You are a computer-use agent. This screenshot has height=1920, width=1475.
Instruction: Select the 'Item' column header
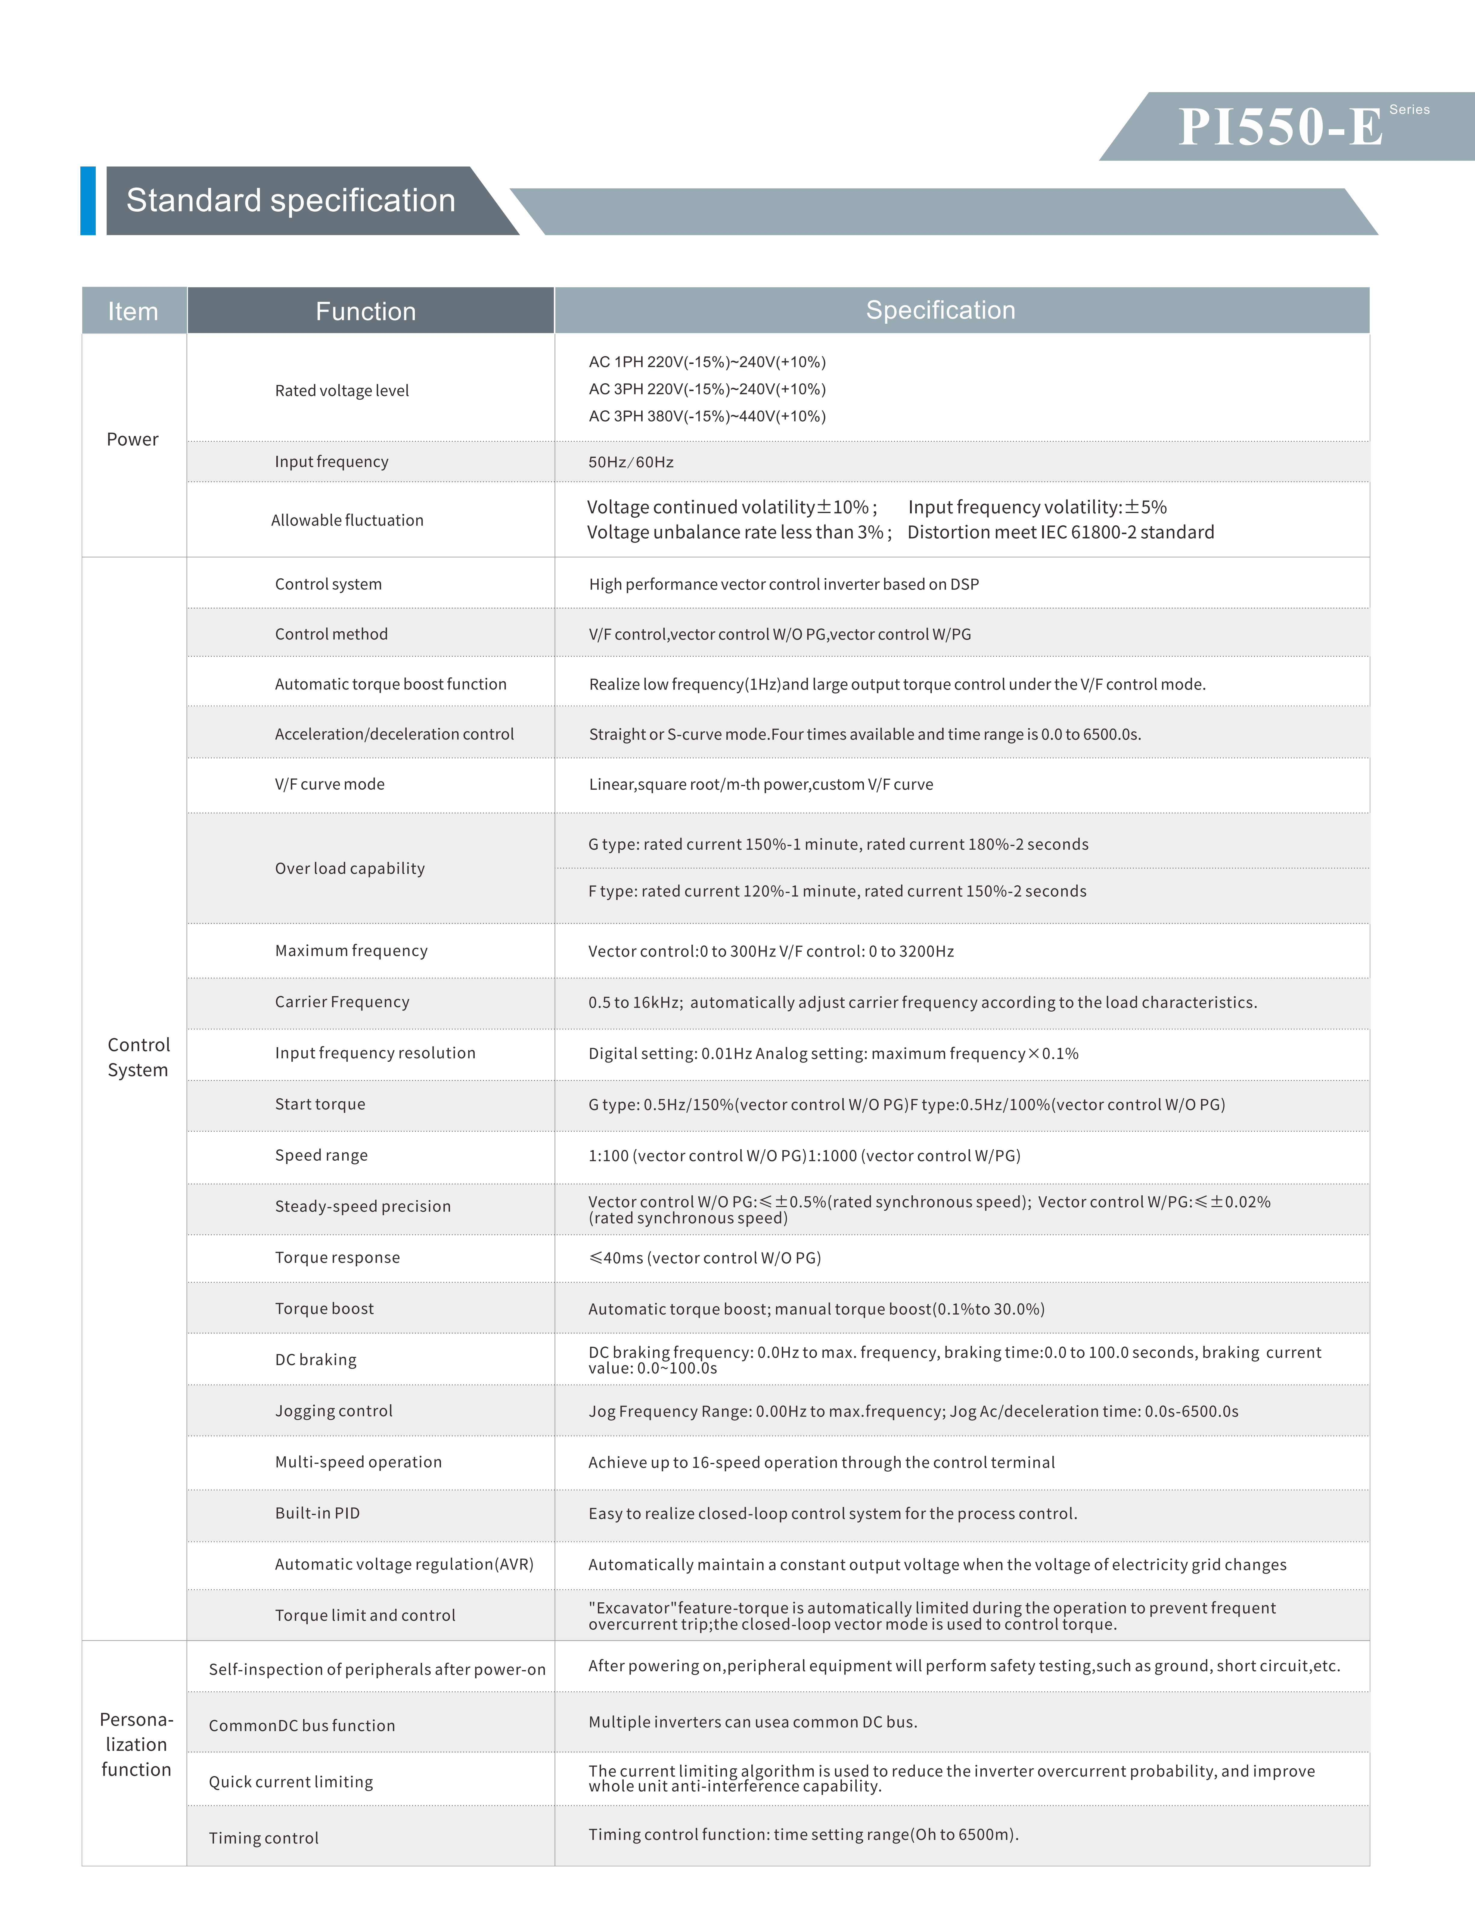pos(133,311)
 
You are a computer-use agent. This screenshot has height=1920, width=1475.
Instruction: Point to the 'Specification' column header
pos(940,310)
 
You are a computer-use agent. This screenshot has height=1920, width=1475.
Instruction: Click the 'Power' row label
pos(132,439)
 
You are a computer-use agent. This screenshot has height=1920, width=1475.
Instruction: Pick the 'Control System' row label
pos(138,1057)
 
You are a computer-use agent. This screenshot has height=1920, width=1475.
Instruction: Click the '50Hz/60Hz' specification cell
pos(630,462)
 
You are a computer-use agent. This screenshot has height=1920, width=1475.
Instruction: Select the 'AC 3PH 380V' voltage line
pos(707,416)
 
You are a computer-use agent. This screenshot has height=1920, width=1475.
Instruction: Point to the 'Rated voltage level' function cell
pos(342,391)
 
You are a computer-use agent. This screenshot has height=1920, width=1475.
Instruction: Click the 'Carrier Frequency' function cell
pos(342,1002)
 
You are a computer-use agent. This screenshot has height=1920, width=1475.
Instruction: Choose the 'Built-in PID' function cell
pos(317,1513)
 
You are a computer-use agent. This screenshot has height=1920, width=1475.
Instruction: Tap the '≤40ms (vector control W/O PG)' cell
pos(704,1257)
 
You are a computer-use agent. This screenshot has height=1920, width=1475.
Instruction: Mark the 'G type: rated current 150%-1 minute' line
pos(837,844)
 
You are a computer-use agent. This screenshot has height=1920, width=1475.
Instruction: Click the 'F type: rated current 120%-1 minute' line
pos(837,891)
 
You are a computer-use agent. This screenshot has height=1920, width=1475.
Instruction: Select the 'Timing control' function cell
pos(263,1838)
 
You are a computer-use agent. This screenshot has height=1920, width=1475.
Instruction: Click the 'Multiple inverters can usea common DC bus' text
pos(753,1722)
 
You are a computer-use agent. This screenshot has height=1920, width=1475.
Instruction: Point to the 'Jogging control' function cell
pos(334,1411)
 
